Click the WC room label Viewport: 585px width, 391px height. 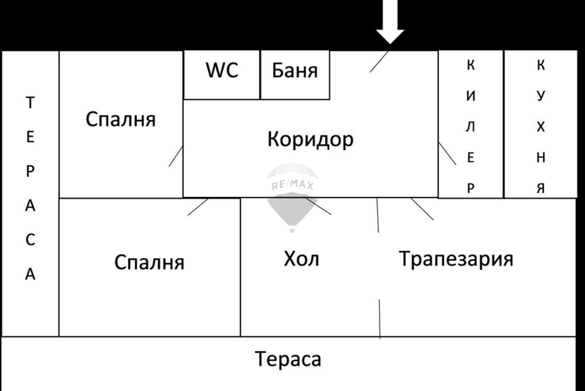(222, 70)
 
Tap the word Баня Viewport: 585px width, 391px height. (295, 70)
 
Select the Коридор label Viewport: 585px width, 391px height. (311, 140)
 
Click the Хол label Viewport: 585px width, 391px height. (301, 259)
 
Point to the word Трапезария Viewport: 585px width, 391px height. (456, 259)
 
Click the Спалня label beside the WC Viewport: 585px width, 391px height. (121, 119)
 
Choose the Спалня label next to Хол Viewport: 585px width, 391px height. (149, 262)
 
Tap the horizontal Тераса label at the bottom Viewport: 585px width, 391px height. (288, 359)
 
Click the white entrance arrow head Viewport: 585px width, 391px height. (390, 37)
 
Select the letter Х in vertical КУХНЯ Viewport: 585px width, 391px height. (541, 127)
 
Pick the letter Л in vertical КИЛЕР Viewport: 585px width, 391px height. (470, 127)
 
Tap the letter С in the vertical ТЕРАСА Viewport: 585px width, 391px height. (30, 240)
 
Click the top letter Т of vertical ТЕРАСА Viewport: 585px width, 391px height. (30, 102)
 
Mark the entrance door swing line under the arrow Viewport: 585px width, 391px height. (379, 62)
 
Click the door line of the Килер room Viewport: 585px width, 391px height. (447, 154)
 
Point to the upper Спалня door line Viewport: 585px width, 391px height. (176, 156)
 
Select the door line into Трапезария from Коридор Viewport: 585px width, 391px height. (422, 209)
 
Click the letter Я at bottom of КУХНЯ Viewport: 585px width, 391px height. (541, 189)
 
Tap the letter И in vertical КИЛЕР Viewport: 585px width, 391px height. (471, 96)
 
